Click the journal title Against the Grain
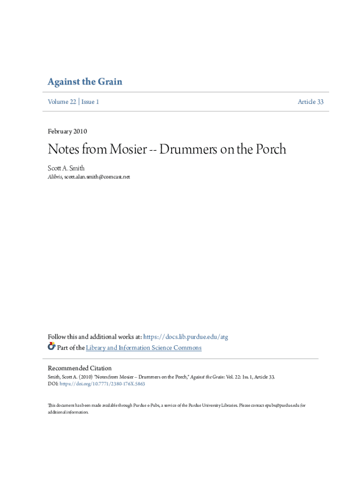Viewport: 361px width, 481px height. tap(85, 82)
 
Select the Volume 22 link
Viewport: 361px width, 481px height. tap(62, 102)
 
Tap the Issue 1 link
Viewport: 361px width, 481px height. tap(90, 102)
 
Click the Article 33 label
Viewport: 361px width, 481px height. tap(310, 102)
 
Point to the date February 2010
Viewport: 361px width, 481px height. tap(68, 132)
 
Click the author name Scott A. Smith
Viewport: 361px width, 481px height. tap(66, 168)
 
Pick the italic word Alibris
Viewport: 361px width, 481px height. tap(55, 177)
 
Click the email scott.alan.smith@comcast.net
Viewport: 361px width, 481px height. tap(97, 177)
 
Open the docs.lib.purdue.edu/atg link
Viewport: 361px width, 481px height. tap(186, 337)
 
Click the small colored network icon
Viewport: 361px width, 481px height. tap(52, 347)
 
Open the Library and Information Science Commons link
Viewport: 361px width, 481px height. tap(144, 348)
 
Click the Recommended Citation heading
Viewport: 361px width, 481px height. tap(80, 368)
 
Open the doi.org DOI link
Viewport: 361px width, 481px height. tap(102, 384)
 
